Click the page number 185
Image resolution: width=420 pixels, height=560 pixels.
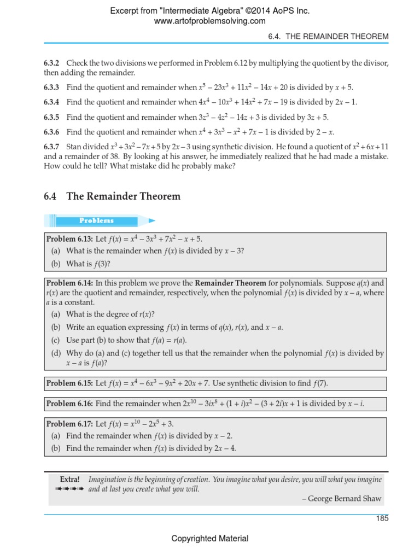[382, 518]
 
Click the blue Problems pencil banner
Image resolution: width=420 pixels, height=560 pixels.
[98, 220]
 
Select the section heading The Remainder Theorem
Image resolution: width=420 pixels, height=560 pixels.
[123, 196]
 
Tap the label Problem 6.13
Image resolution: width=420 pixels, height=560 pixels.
[69, 239]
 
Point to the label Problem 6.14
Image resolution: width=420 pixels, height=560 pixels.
[69, 283]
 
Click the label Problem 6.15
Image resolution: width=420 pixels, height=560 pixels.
[69, 383]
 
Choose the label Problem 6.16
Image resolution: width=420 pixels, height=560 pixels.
[69, 404]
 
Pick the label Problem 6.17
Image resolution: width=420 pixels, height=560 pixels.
[69, 424]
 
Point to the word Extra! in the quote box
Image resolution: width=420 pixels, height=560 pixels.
[69, 480]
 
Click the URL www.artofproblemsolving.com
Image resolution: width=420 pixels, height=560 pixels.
[210, 21]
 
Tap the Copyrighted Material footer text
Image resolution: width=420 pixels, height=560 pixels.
[210, 539]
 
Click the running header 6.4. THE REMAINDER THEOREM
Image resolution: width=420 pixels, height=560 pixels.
[328, 36]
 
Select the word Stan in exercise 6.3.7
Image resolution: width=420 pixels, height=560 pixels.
[73, 147]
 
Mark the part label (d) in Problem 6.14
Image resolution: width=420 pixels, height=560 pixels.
[56, 353]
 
